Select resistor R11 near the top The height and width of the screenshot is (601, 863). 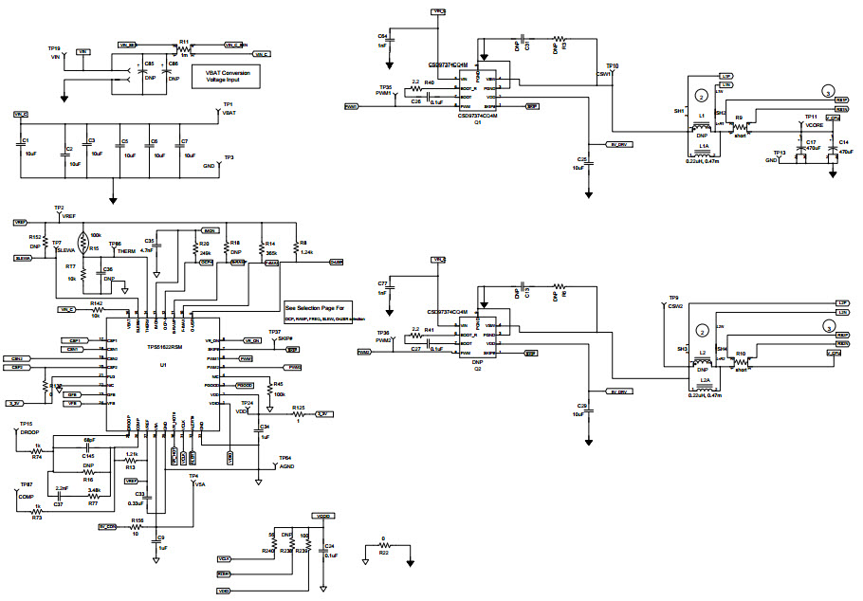point(184,43)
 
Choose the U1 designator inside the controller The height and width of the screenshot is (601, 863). point(162,364)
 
